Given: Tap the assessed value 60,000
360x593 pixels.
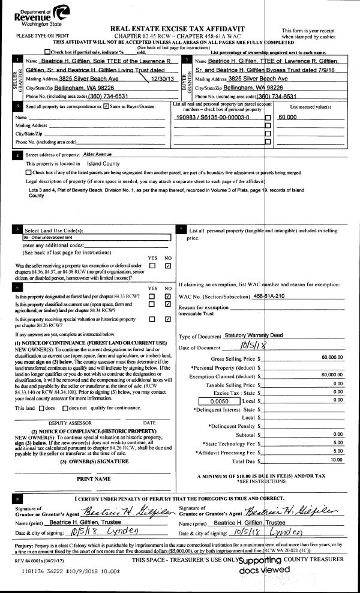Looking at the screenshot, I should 289,118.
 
